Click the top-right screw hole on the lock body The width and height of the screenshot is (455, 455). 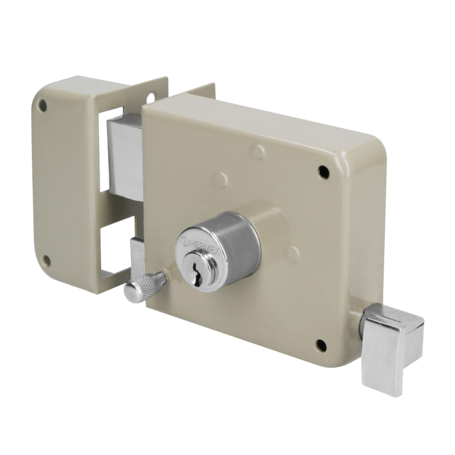323,172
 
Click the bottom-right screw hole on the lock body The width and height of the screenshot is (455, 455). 321,345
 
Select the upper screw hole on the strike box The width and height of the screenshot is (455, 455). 42,106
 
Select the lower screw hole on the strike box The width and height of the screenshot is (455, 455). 46,261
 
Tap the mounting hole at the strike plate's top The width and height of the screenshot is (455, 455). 151,97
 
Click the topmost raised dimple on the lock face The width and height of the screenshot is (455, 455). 259,152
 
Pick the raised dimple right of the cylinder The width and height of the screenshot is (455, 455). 293,253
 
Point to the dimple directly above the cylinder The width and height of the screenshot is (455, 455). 222,179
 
